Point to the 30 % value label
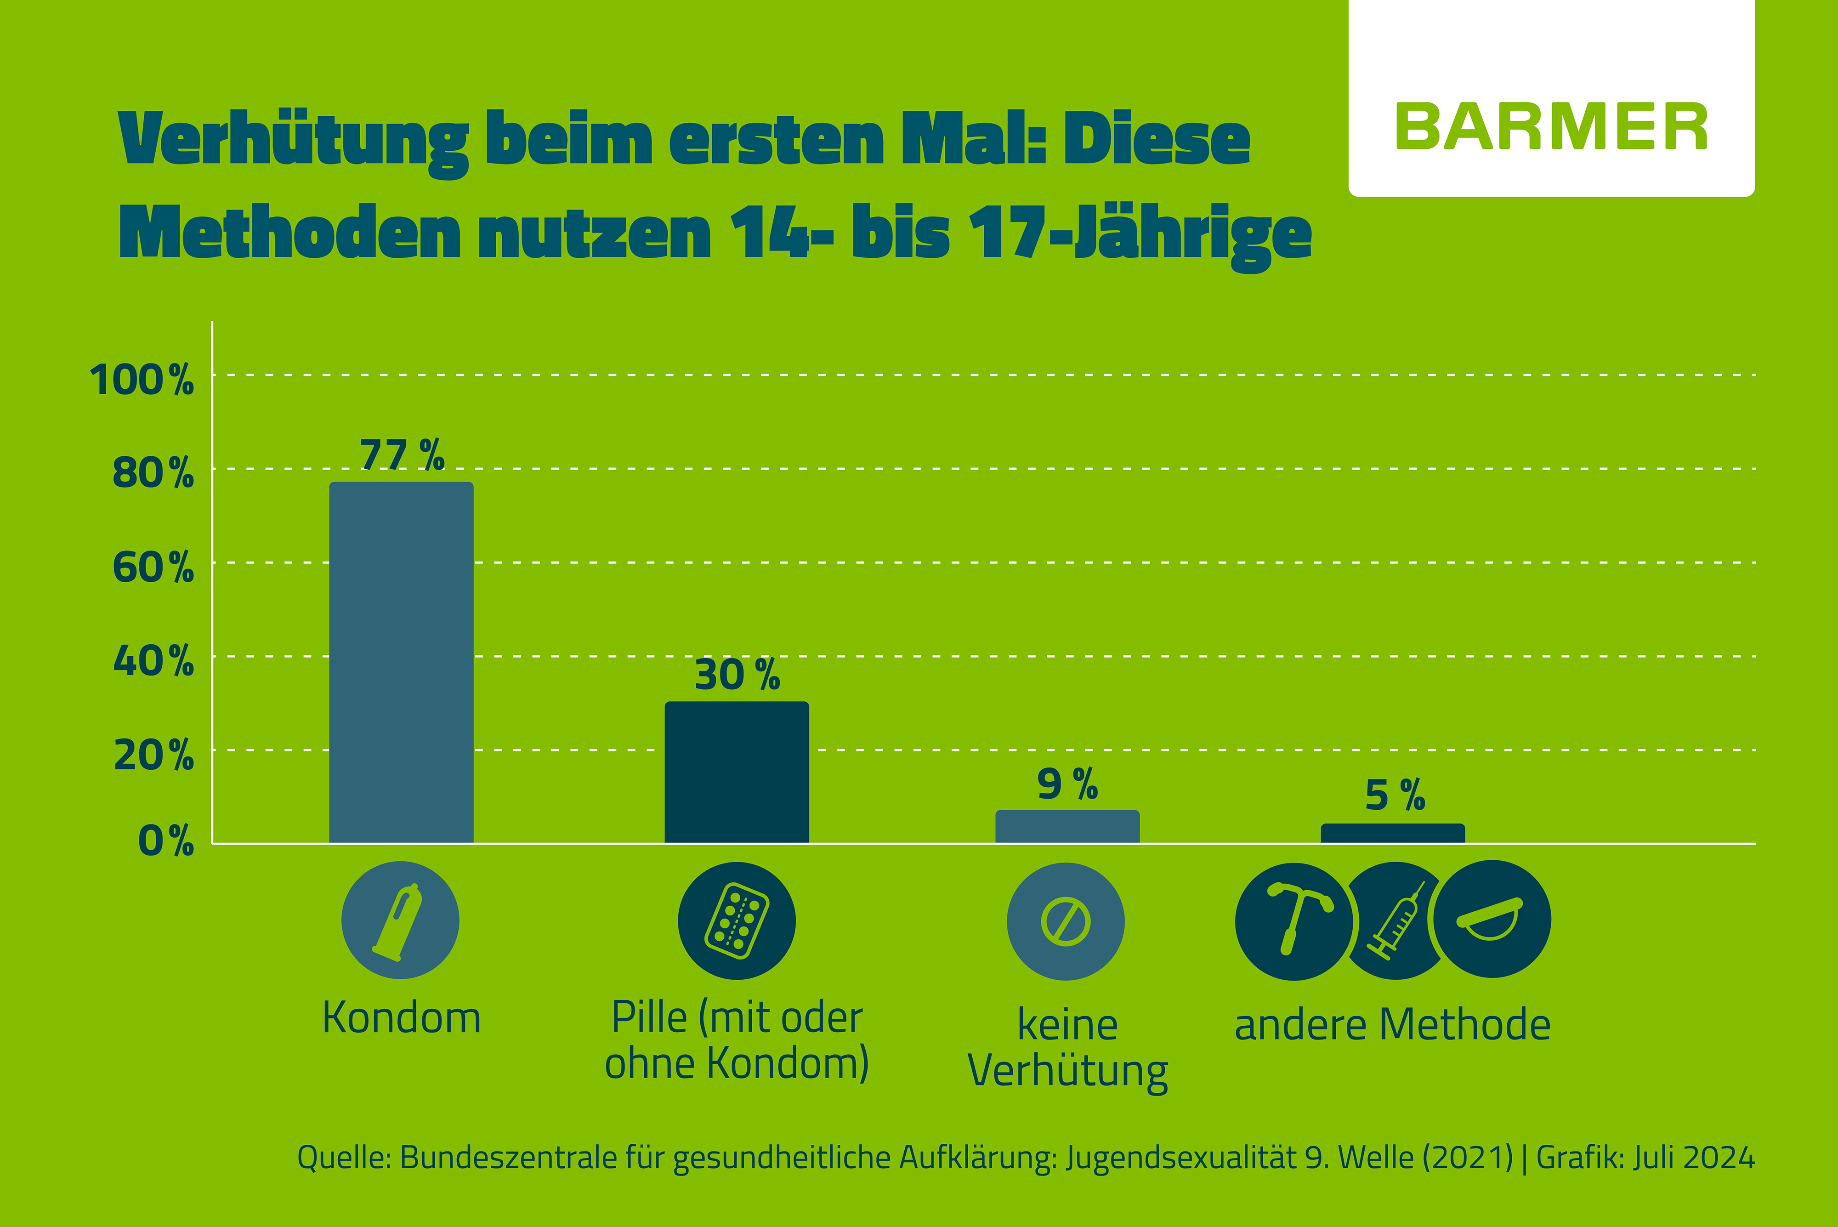pos(736,675)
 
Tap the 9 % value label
pos(1067,784)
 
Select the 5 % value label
pos(1394,795)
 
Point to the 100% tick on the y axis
pos(142,381)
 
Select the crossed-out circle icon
pos(1066,921)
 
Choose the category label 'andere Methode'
pos(1392,1025)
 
